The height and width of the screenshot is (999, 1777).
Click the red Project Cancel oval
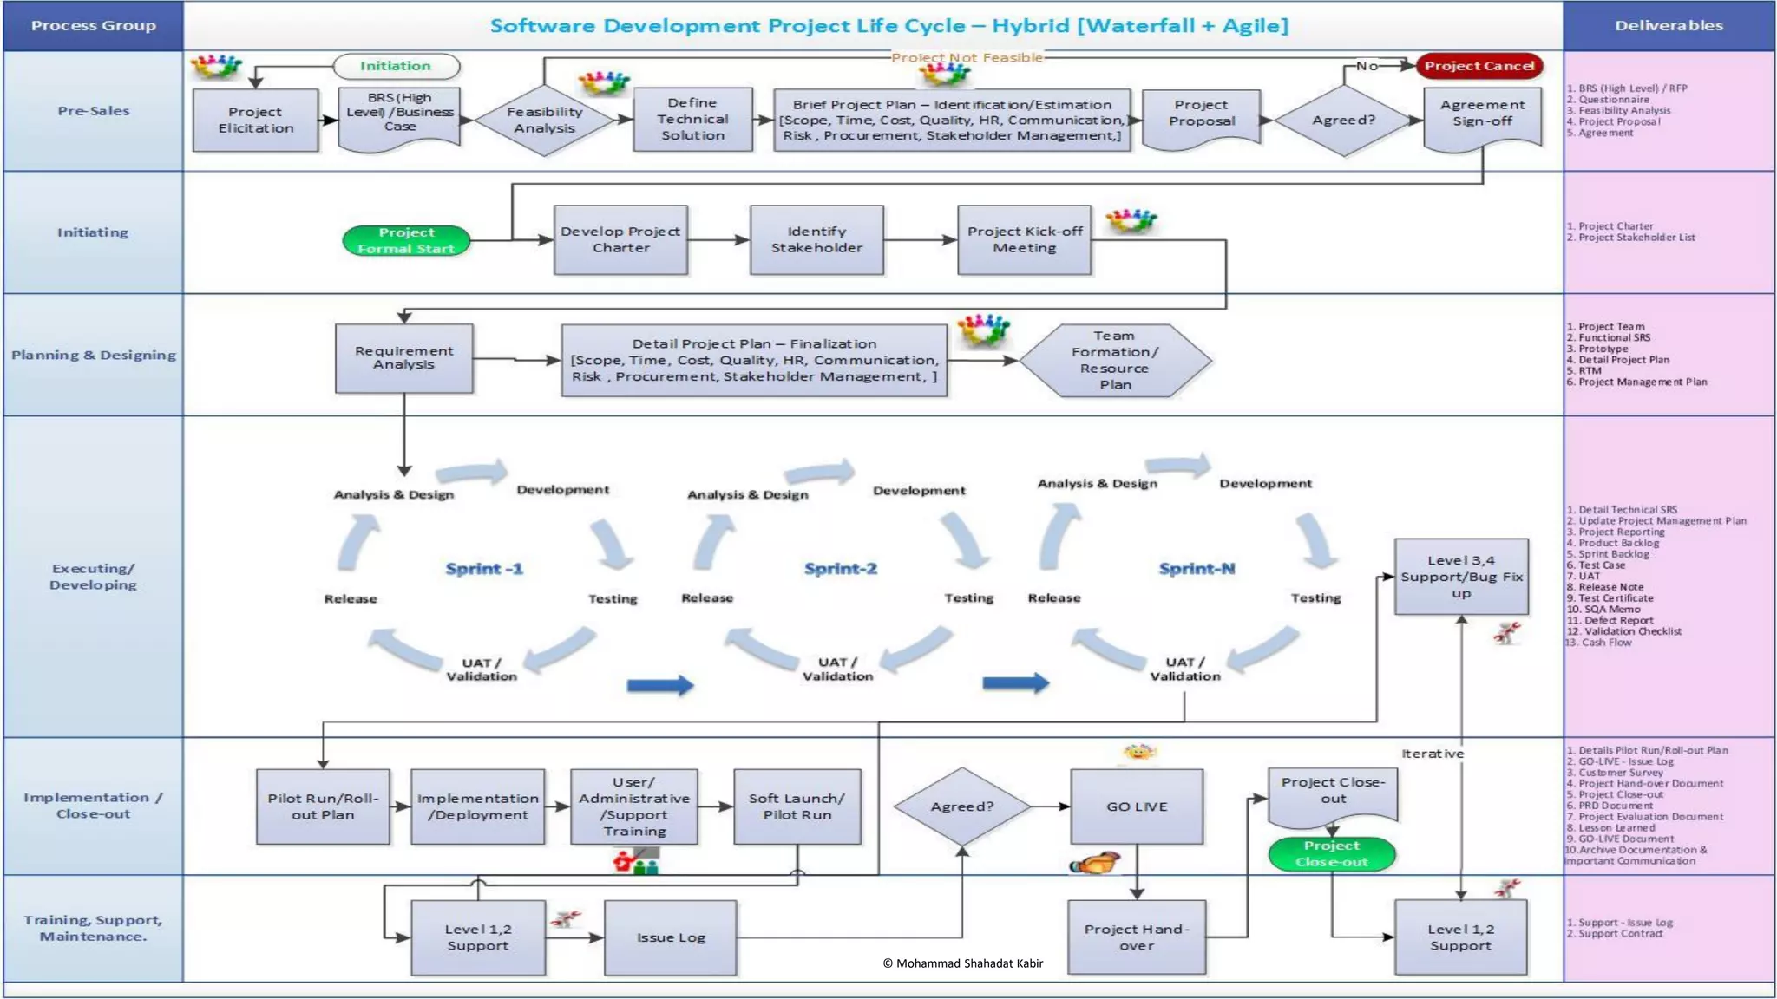1479,66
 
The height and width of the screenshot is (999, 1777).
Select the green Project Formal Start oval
406,240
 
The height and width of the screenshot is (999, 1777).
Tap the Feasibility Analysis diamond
544,121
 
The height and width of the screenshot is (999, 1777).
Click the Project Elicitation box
255,120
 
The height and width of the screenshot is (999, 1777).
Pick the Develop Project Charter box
620,239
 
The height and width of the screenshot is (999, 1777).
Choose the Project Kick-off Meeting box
1024,239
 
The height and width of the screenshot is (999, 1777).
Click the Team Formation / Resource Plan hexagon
1114,360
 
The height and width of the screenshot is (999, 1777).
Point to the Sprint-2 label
840,569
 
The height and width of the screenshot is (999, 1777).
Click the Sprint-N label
1197,569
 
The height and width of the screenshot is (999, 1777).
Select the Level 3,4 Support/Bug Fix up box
1461,577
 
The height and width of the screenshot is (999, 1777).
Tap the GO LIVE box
1137,806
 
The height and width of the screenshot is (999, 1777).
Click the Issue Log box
671,937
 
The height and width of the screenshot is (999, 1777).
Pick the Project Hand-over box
1137,937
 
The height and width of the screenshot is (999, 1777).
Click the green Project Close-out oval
1331,854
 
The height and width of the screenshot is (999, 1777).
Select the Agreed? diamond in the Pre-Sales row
1343,121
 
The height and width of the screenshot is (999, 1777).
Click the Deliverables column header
1669,26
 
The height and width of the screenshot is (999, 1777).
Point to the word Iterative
1433,754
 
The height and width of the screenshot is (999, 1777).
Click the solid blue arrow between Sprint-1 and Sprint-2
660,686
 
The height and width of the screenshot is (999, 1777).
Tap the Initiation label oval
396,66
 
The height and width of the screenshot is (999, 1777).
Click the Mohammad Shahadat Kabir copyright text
962,963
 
